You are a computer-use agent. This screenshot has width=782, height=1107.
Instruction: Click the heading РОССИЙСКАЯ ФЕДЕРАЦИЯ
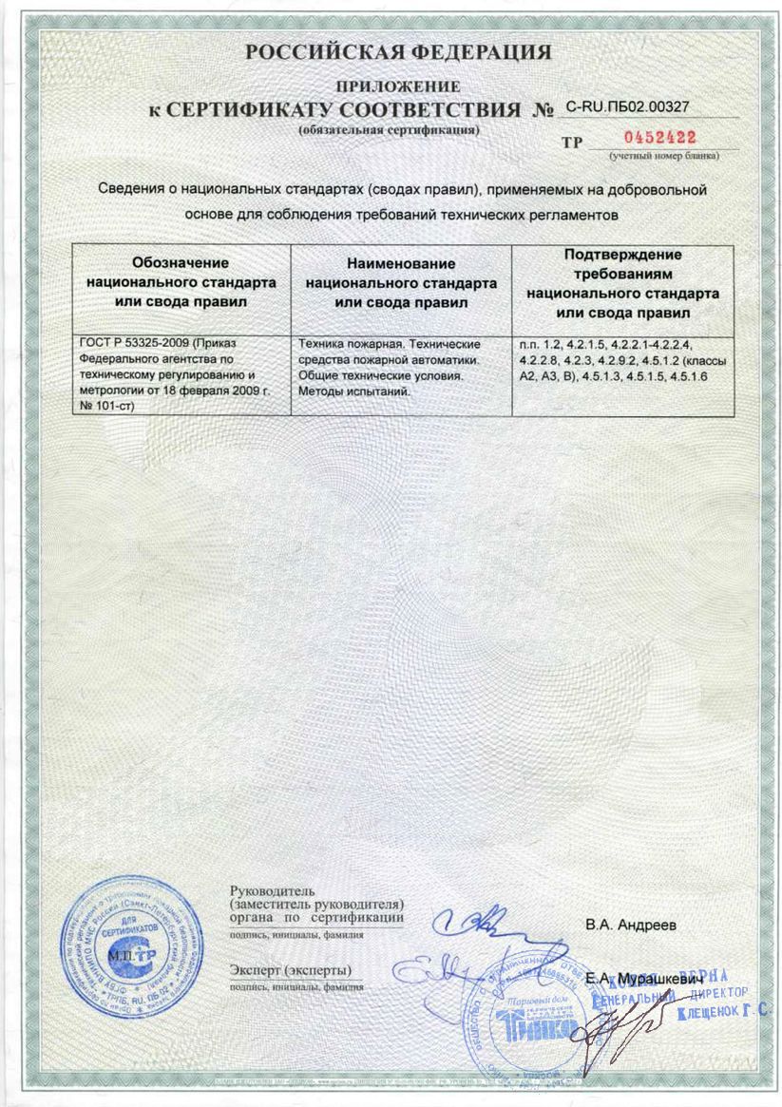click(397, 51)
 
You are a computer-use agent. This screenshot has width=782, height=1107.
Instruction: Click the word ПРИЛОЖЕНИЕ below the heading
click(397, 87)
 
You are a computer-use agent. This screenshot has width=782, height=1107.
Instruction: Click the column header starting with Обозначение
click(181, 282)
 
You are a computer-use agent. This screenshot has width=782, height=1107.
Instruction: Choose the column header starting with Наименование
click(401, 283)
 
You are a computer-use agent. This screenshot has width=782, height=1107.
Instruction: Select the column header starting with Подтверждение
click(622, 283)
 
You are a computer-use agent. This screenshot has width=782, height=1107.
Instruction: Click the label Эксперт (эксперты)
click(291, 970)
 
